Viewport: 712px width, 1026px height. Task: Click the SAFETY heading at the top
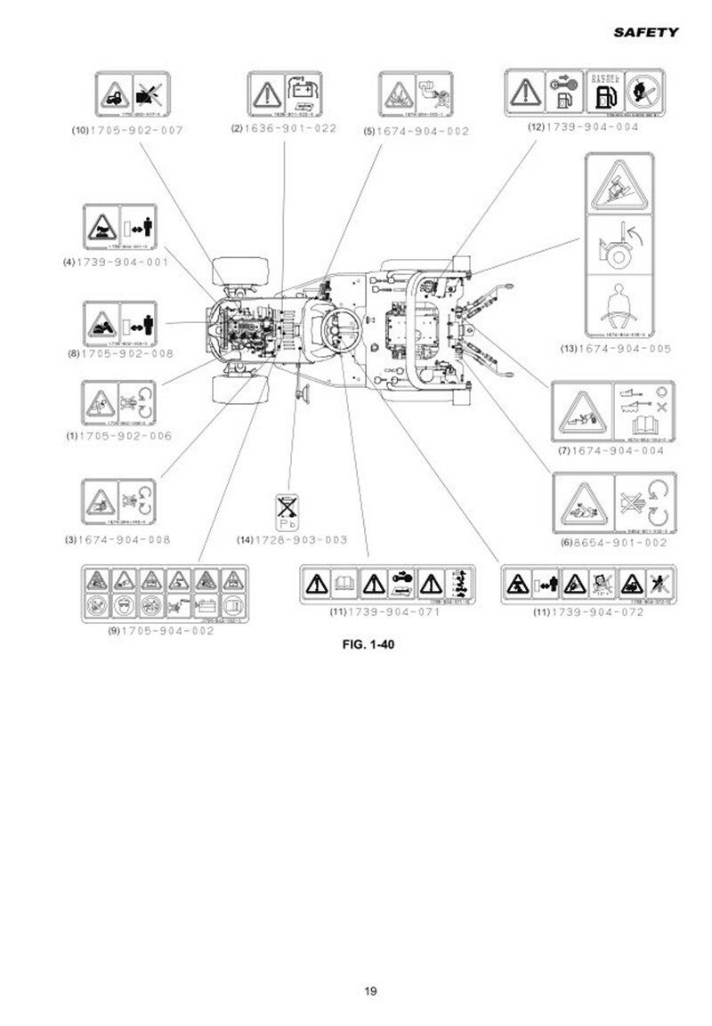point(645,32)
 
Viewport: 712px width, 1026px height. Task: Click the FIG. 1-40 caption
point(368,645)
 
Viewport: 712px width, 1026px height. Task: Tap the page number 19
point(370,991)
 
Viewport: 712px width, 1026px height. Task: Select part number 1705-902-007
point(134,130)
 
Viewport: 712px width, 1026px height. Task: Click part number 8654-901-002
point(619,542)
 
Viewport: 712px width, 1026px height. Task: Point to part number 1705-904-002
point(168,630)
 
